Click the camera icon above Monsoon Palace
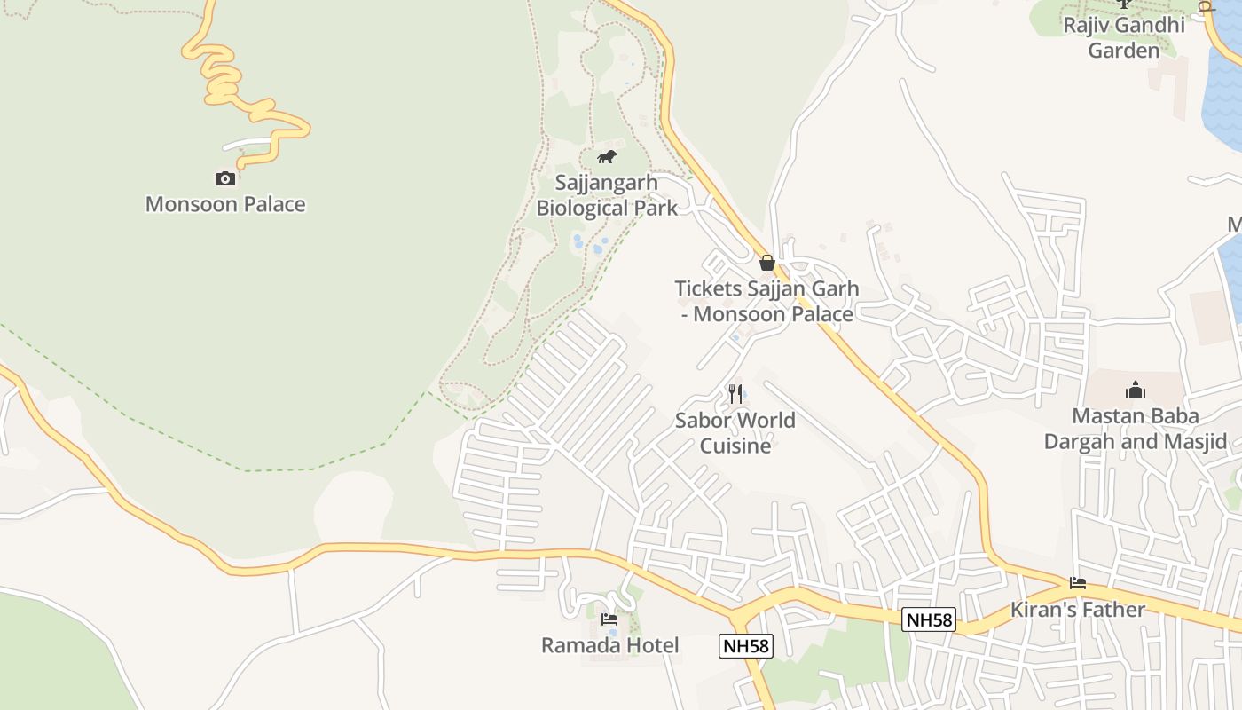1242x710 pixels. (225, 178)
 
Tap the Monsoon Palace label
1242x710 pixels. (225, 204)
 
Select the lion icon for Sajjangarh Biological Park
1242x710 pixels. (607, 157)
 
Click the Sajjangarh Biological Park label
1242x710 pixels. (607, 195)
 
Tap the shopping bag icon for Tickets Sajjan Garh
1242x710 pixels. (767, 263)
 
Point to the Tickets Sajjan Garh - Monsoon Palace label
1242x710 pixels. (766, 301)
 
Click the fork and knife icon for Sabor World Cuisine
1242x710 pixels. (735, 393)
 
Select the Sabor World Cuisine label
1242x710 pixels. (735, 432)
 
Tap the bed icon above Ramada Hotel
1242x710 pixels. (609, 619)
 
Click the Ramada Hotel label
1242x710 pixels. (610, 645)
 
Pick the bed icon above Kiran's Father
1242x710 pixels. (1078, 583)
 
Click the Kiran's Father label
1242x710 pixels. (1078, 610)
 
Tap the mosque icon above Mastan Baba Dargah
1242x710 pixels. (1136, 390)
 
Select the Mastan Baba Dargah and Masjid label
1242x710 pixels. (1136, 429)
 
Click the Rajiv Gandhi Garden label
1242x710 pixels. (1124, 37)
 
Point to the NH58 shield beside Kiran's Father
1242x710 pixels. (929, 619)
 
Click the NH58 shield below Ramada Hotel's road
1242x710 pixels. (746, 646)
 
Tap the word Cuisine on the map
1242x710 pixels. (735, 446)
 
